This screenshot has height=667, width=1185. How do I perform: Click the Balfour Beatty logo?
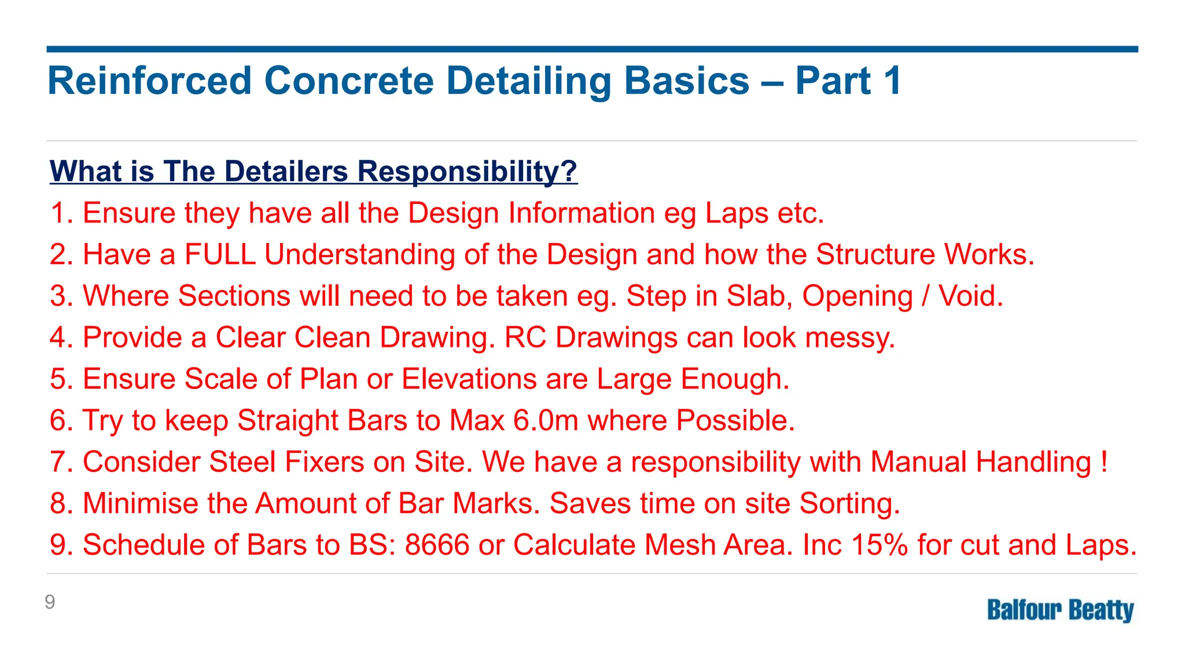click(x=1060, y=610)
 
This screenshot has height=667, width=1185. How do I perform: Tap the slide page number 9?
click(x=50, y=602)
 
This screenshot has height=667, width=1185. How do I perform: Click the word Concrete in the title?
click(x=349, y=80)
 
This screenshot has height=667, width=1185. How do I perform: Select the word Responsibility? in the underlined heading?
click(x=467, y=171)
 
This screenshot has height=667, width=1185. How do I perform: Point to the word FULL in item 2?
click(x=220, y=255)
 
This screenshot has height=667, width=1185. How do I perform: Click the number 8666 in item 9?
click(x=437, y=545)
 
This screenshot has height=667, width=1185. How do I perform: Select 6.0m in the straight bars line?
click(x=546, y=421)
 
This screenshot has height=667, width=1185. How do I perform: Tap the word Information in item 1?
click(x=581, y=214)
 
